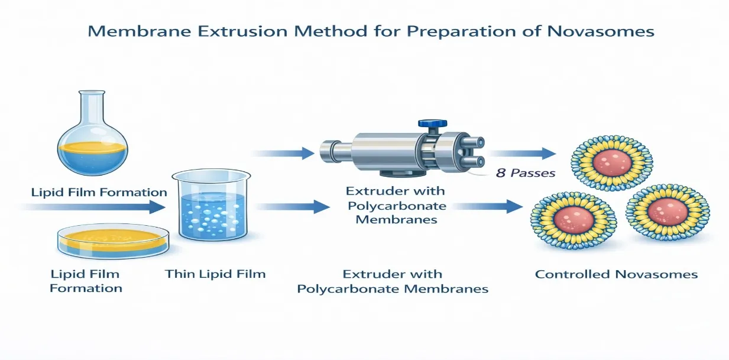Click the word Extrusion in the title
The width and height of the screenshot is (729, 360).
click(242, 31)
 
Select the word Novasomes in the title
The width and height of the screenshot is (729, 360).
click(601, 31)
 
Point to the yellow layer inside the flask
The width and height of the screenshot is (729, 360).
click(92, 147)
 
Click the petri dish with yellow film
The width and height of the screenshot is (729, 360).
click(114, 241)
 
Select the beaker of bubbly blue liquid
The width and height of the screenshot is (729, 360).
click(212, 205)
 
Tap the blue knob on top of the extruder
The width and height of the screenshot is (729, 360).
click(432, 124)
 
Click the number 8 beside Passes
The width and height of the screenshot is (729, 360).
click(501, 173)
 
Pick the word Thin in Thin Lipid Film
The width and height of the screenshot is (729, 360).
click(179, 274)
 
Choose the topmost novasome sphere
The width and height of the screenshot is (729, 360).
click(612, 163)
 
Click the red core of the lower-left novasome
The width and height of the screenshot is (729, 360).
click(574, 220)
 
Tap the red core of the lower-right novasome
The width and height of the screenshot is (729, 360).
click(668, 212)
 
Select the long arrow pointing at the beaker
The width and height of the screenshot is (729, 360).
click(93, 207)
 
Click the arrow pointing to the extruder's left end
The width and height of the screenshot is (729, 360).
click(283, 153)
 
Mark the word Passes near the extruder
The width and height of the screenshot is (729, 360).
click(533, 173)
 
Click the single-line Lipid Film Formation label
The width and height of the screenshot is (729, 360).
click(99, 192)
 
